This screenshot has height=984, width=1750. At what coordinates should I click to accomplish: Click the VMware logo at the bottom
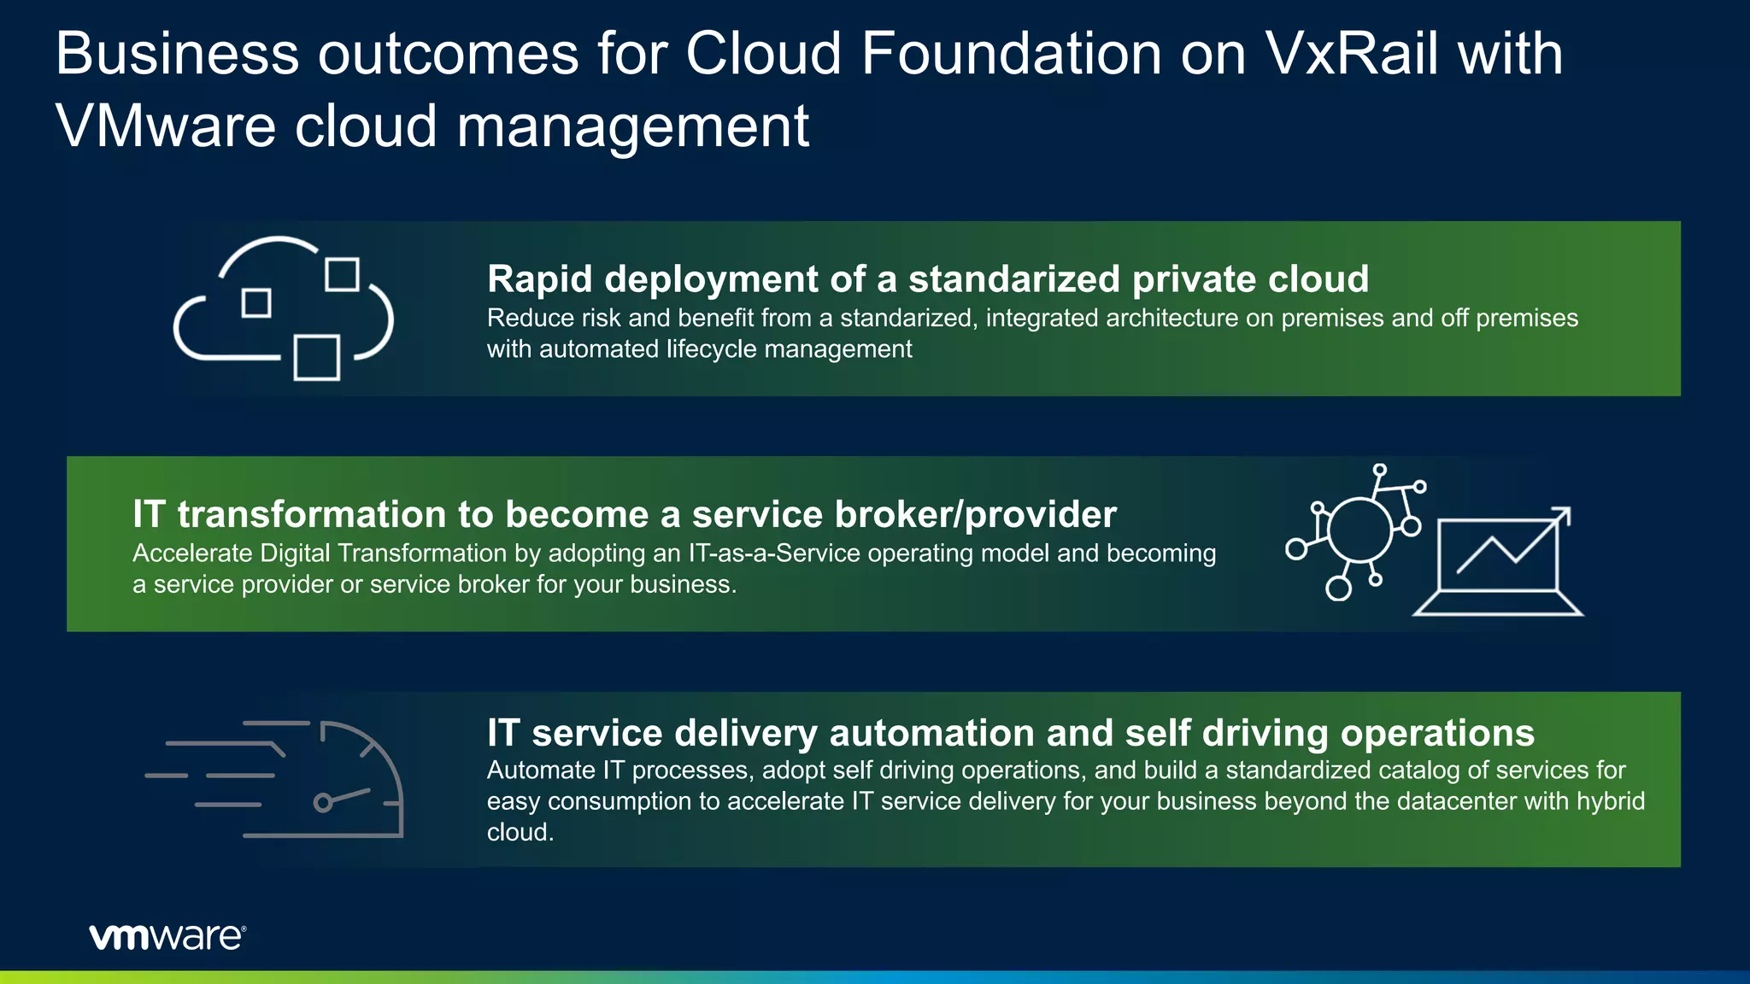[167, 937]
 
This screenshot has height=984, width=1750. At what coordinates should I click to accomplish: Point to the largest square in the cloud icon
[317, 357]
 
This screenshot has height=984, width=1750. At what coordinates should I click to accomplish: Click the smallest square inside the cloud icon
[256, 302]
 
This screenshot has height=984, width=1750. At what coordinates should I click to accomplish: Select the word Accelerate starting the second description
[192, 553]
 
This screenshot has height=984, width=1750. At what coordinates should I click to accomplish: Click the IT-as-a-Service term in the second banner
[774, 553]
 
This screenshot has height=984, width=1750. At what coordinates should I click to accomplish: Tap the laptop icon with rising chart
[1498, 564]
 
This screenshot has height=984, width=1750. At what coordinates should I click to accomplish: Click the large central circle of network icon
[1359, 530]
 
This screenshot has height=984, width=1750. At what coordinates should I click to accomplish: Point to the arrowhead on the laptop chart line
[1563, 515]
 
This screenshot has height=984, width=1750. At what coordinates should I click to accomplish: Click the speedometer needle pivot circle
[323, 803]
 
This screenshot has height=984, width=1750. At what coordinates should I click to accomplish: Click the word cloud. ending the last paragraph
[520, 833]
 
